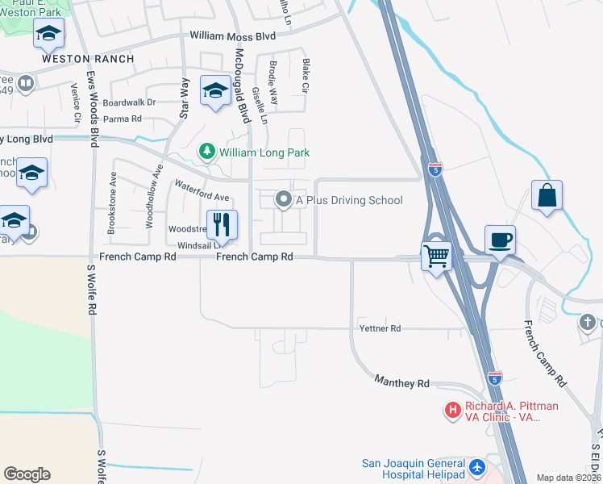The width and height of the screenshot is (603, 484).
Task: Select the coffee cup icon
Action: point(500,239)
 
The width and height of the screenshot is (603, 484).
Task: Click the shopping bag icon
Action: point(547,195)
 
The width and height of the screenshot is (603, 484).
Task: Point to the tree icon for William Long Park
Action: point(207,152)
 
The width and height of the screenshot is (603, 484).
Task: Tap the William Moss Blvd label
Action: point(232,36)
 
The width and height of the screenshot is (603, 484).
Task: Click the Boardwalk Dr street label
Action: point(129,102)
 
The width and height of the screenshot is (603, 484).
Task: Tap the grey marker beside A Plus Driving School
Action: point(283,198)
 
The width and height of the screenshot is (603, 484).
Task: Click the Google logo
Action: point(27,474)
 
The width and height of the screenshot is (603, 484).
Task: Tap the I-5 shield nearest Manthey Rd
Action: point(494,378)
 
